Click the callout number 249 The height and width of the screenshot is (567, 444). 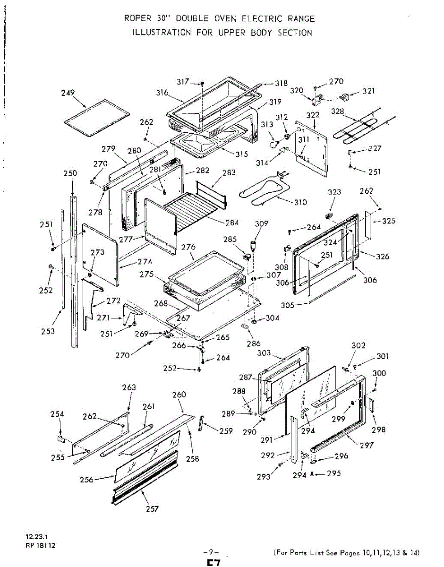click(68, 93)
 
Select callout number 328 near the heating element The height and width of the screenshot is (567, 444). click(337, 112)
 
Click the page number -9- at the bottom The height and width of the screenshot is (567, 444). click(211, 552)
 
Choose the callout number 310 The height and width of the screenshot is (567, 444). click(300, 202)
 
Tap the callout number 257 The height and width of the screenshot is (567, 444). click(152, 508)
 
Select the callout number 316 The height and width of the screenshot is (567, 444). click(162, 93)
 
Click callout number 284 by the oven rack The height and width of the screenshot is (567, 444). click(232, 223)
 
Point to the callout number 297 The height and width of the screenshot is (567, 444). click(367, 445)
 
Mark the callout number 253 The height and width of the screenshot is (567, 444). click(48, 331)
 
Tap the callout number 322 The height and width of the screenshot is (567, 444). click(313, 115)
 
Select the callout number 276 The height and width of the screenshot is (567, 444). click(188, 247)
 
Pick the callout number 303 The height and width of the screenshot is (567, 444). click(264, 353)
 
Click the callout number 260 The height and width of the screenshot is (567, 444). click(179, 395)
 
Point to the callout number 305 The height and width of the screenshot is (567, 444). click(288, 305)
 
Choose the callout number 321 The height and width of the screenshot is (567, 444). click(369, 91)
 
